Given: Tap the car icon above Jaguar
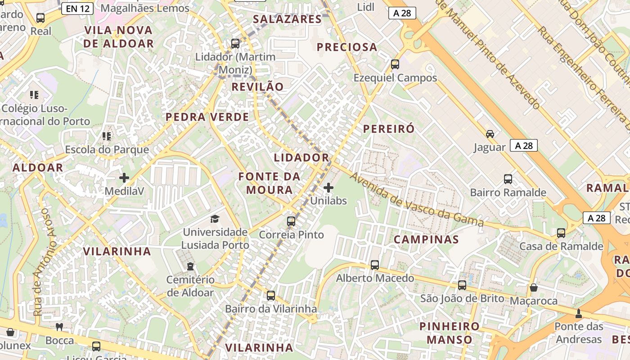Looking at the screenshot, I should [490, 134].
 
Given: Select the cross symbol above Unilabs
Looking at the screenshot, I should [328, 188].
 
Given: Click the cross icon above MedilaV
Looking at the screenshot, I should [124, 178].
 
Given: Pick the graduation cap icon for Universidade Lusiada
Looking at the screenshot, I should [215, 219].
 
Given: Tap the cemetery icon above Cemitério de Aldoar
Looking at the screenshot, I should [190, 266].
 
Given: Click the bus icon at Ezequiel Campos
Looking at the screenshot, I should [395, 64].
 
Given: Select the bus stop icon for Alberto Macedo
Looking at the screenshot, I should [375, 265].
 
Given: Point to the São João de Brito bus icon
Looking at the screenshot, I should [462, 285].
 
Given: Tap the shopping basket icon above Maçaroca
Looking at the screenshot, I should [534, 288].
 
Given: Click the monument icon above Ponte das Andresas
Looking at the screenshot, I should [579, 314].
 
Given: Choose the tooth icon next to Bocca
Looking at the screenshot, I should [59, 327].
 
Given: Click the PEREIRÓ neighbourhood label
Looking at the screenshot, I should [389, 129].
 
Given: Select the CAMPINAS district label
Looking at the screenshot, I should [426, 239].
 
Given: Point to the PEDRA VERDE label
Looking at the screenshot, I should [207, 117].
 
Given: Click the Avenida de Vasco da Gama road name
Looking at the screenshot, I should [416, 200].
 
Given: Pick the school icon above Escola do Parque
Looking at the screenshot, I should [107, 136].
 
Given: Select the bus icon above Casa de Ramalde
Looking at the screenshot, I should [561, 233].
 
